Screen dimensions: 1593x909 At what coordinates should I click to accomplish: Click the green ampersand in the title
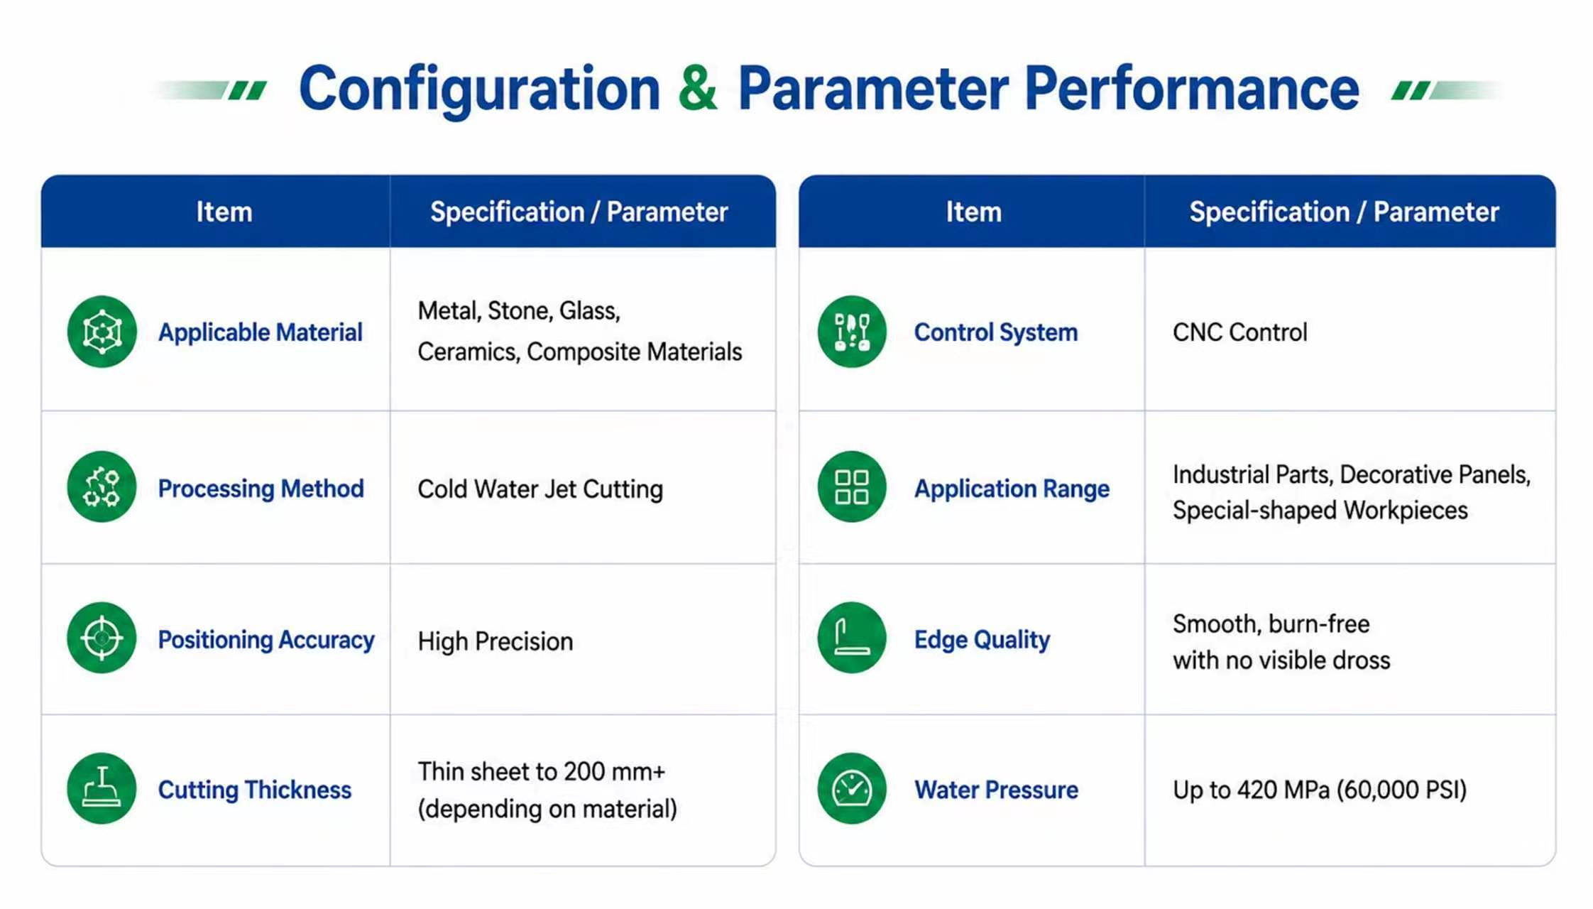click(698, 88)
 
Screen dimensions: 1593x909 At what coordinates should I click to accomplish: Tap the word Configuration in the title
click(480, 90)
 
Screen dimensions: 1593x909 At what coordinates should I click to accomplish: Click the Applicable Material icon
click(102, 332)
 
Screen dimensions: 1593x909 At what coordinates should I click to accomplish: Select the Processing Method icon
click(102, 487)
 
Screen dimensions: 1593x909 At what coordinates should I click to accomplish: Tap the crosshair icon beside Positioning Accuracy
click(102, 638)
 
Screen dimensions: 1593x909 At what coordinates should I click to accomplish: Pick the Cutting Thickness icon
click(102, 788)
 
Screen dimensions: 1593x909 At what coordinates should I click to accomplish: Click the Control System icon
click(852, 332)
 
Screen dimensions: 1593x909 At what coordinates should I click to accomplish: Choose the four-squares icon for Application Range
click(852, 487)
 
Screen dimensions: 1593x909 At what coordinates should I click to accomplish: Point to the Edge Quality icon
click(852, 638)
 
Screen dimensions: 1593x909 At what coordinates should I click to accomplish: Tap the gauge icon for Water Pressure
click(852, 788)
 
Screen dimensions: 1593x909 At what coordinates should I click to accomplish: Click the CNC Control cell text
click(1239, 332)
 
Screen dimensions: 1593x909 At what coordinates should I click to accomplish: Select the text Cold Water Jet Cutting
click(540, 489)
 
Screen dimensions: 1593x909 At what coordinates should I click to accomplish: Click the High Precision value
click(496, 641)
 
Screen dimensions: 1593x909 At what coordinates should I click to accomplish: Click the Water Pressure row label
click(996, 790)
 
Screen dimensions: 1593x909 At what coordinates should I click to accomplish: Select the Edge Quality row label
click(982, 640)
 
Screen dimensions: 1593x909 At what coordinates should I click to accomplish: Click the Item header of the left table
click(224, 212)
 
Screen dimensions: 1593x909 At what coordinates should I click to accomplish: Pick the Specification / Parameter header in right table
click(1344, 212)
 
